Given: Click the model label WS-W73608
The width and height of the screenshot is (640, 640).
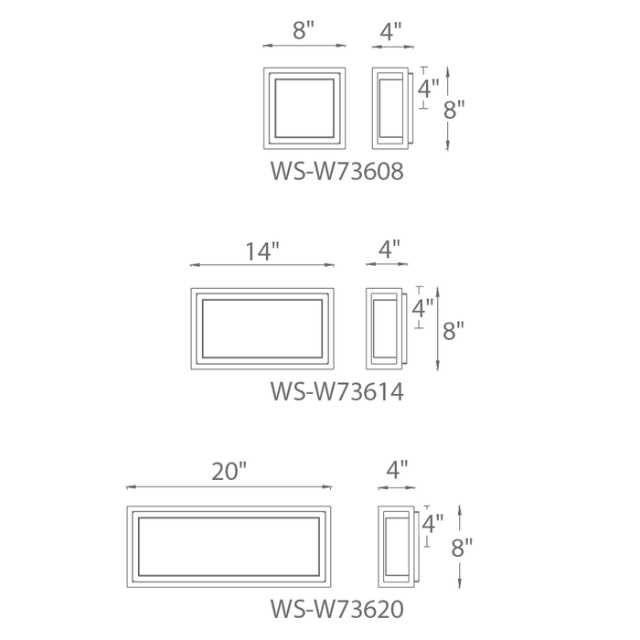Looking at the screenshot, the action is click(337, 171).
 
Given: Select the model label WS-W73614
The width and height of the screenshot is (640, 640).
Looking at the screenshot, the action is click(337, 391).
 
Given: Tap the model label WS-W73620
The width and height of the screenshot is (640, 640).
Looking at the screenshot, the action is click(337, 609).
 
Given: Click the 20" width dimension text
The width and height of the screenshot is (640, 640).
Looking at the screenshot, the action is click(229, 472).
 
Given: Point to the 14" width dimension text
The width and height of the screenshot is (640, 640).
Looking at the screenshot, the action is click(262, 251).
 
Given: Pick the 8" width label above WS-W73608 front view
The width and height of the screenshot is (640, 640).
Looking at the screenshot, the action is click(304, 30).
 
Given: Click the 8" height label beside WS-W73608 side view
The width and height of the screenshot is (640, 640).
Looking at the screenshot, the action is click(453, 110).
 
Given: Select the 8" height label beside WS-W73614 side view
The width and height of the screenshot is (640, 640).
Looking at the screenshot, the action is click(453, 331).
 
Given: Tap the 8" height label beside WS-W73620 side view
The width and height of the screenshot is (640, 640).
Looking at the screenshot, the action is click(462, 548).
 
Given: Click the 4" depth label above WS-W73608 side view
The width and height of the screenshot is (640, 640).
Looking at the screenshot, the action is click(391, 31).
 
